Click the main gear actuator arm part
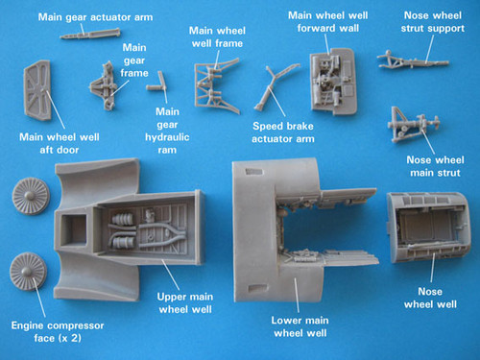[84, 34]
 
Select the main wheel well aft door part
[37, 91]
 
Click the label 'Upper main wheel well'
[190, 304]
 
